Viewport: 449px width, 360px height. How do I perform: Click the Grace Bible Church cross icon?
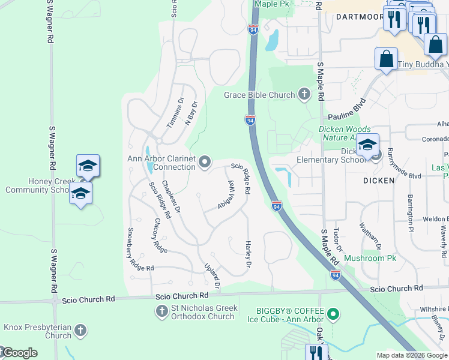(304, 94)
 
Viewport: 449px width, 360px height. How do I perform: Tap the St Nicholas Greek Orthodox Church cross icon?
(161, 311)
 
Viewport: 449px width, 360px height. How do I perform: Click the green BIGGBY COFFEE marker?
(331, 313)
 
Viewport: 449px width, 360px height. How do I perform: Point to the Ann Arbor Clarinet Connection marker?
(205, 161)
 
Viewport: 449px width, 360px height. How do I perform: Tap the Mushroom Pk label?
(370, 259)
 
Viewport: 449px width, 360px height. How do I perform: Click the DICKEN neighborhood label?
(378, 180)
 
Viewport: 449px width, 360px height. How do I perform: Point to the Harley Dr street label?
(247, 254)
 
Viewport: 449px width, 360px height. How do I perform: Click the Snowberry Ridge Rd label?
(140, 248)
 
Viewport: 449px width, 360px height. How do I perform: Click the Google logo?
(20, 353)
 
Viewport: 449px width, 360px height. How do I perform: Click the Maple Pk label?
(272, 4)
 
